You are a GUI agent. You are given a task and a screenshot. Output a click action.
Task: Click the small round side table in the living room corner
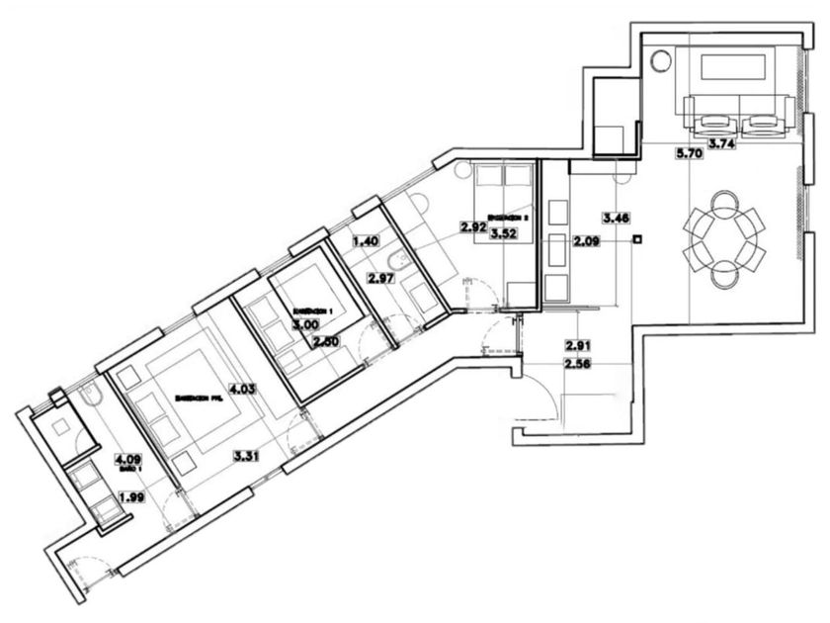pyautogui.click(x=661, y=61)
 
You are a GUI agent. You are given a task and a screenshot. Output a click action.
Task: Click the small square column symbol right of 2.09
pyautogui.click(x=639, y=238)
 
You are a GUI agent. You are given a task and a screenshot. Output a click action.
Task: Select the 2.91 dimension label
pyautogui.click(x=578, y=345)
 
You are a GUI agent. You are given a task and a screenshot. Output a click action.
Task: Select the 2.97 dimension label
pyautogui.click(x=381, y=279)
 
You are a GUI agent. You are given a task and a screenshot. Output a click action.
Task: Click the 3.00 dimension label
pyautogui.click(x=304, y=323)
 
